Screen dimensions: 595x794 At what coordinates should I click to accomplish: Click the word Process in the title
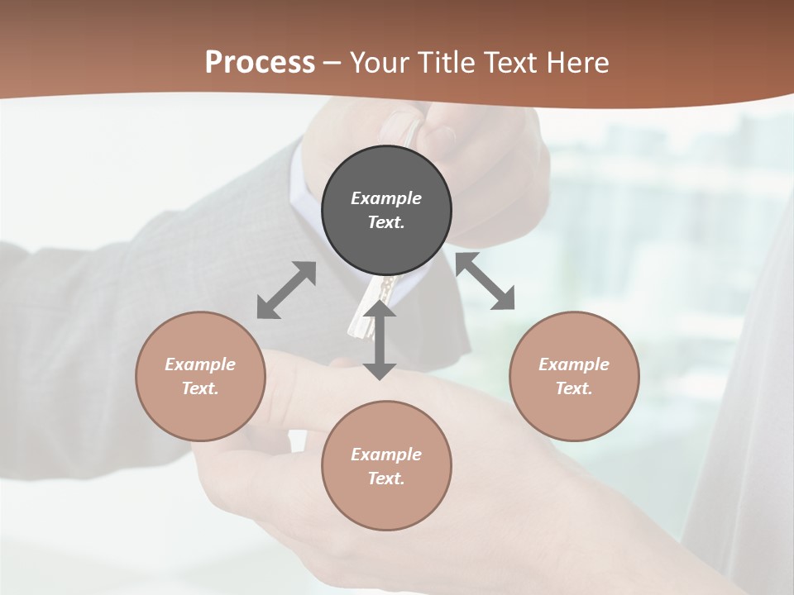coord(260,63)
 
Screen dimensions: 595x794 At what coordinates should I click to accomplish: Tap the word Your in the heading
coord(381,63)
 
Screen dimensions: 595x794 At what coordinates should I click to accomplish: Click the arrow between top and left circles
coord(286,290)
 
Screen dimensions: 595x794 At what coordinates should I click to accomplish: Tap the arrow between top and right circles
coord(485,282)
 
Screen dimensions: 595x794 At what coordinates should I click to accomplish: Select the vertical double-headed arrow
coord(380,340)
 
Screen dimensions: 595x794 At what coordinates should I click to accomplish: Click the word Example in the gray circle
coord(386,198)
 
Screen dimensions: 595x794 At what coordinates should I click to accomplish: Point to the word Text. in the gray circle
coord(386,222)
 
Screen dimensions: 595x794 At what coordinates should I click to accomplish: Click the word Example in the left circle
coord(200,364)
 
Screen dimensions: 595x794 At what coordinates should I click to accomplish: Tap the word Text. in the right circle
coord(574,388)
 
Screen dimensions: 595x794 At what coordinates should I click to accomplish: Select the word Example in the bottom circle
coord(386,455)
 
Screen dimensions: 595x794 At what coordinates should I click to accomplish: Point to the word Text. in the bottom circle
coord(386,478)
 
